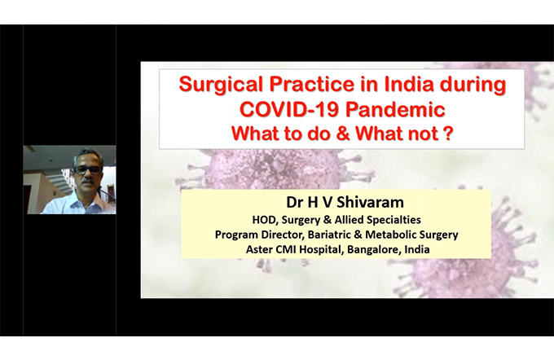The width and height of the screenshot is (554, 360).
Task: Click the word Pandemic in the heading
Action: pos(395,109)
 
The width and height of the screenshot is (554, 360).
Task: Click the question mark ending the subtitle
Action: pos(449,134)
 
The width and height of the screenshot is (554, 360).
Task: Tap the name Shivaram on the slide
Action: pos(370,203)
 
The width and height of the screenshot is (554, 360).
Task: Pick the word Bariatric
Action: pos(329,235)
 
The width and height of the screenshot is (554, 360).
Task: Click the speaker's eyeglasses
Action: pos(87,170)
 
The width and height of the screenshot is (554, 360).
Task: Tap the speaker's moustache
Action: pos(88,182)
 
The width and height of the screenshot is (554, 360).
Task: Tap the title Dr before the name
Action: pos(295,203)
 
